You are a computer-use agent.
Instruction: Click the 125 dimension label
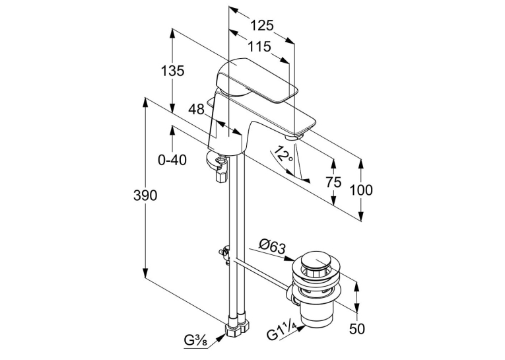[x=262, y=25]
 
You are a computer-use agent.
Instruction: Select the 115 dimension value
[x=259, y=47]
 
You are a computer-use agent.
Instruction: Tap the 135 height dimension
[x=172, y=71]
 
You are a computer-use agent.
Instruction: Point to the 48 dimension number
[x=197, y=110]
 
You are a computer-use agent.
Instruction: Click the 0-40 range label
[x=172, y=160]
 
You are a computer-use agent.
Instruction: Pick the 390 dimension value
[x=145, y=196]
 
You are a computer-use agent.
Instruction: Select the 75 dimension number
[x=333, y=182]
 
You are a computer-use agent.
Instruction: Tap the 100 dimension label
[x=361, y=190]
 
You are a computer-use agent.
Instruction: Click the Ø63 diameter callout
[x=273, y=248]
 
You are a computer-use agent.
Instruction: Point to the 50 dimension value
[x=357, y=329]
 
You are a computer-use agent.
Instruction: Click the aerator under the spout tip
[x=293, y=137]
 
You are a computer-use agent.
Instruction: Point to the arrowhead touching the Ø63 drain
[x=288, y=258]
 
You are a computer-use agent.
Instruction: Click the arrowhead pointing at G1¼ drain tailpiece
[x=300, y=329]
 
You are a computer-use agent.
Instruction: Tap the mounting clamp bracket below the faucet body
[x=217, y=165]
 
